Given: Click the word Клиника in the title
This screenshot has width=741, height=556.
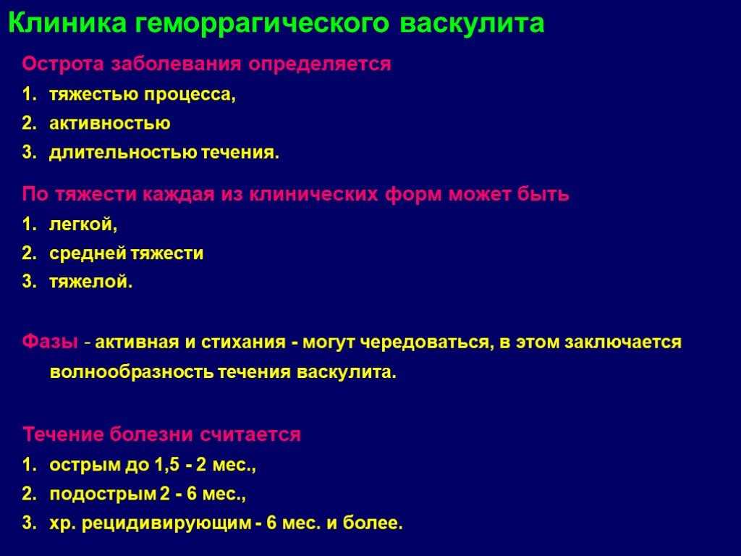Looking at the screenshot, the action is coord(67,22).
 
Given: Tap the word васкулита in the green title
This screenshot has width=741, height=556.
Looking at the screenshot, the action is coord(472,22).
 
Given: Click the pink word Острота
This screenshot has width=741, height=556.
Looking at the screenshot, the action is coord(63,64).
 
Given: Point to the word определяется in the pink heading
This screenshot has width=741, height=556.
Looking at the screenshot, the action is coord(320,64).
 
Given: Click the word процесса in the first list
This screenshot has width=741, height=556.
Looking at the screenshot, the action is coord(190,95).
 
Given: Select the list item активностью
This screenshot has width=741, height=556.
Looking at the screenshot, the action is coord(110,123).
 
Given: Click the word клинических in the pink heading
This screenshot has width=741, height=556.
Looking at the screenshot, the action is coord(313,194).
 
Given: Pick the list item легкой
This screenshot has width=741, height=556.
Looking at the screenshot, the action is coord(83,224).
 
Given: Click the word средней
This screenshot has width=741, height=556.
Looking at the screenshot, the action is coord(88,253).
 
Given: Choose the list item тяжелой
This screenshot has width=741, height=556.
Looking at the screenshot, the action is coord(90,282).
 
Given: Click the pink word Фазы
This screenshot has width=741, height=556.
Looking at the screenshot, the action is coord(50,342).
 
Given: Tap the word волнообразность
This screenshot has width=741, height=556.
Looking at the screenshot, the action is coord(132,372).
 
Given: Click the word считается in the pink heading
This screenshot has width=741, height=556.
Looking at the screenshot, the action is coord(250,434).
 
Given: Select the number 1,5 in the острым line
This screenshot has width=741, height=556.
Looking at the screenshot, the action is coord(167,465).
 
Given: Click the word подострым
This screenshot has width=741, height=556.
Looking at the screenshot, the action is coord(103,494).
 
